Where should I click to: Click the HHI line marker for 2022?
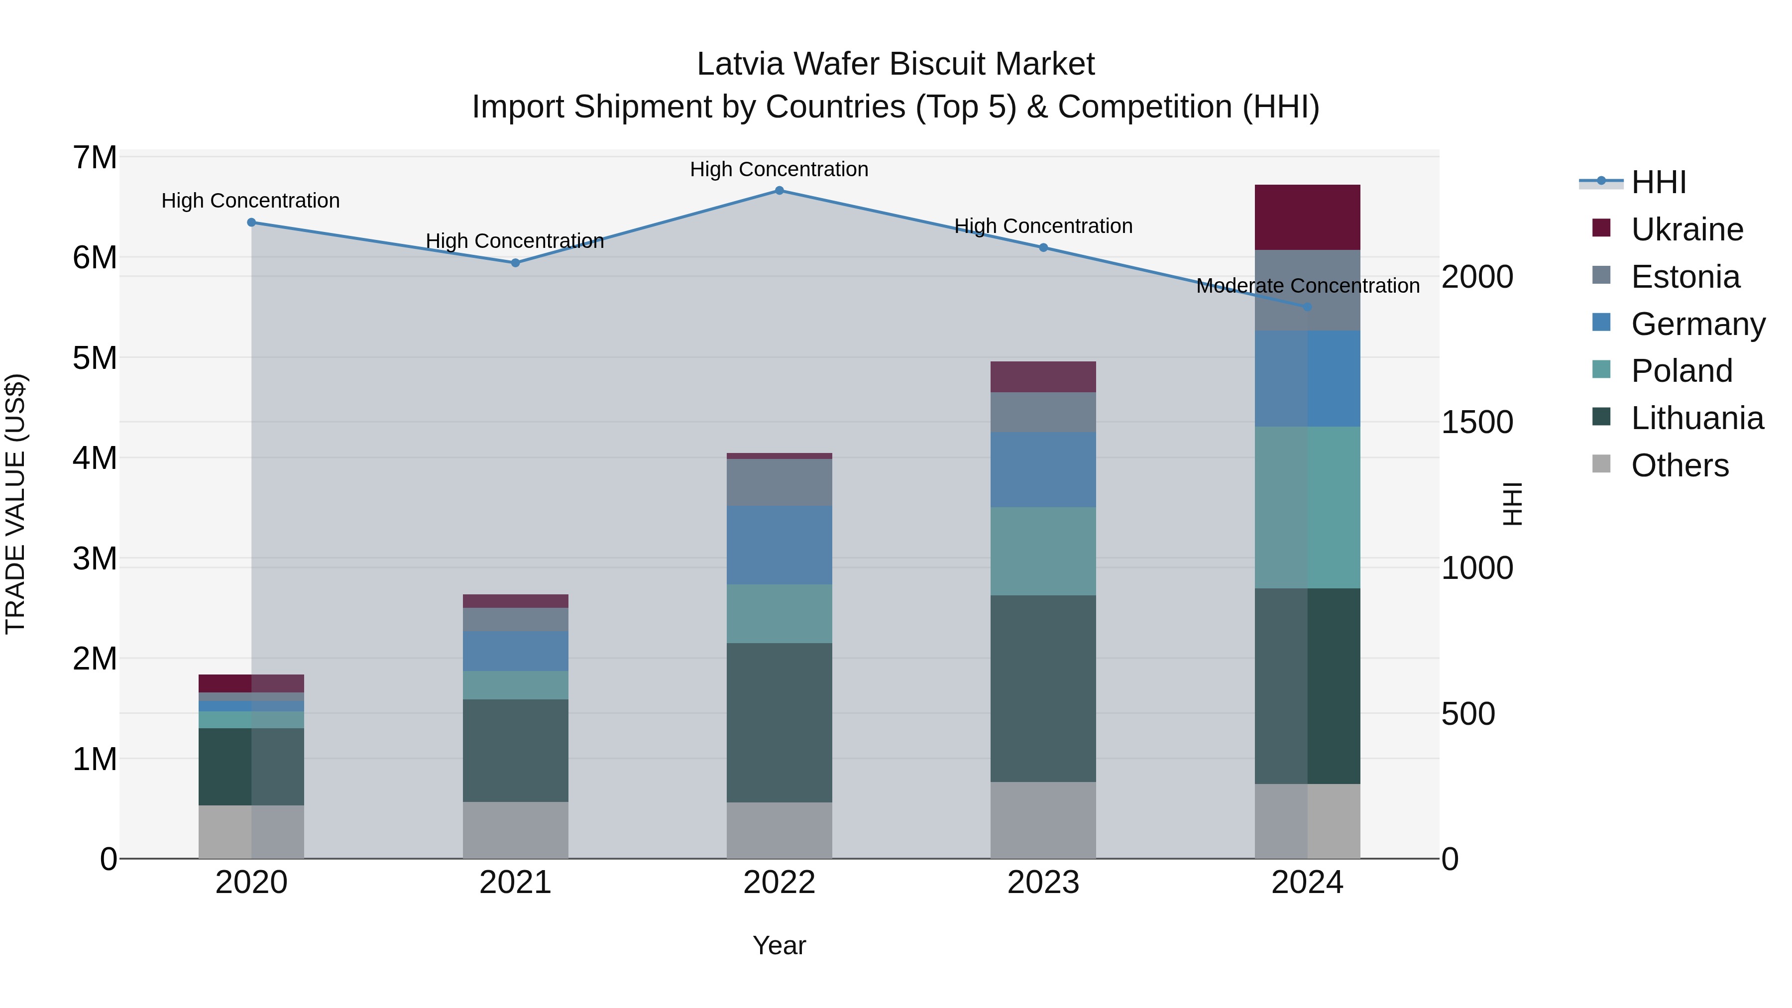click(x=779, y=191)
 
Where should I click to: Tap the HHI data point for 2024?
click(x=1307, y=307)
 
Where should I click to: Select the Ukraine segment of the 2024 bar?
click(x=1307, y=217)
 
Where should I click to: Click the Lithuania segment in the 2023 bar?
click(x=1043, y=689)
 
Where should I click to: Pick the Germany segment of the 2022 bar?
click(x=779, y=546)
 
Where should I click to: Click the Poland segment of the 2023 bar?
click(x=1043, y=551)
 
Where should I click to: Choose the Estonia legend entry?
click(x=1685, y=277)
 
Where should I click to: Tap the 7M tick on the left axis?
click(x=95, y=158)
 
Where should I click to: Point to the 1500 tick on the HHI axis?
click(x=1476, y=422)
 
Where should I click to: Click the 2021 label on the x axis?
click(x=516, y=883)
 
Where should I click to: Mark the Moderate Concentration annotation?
click(x=1307, y=286)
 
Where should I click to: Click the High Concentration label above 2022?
click(x=779, y=169)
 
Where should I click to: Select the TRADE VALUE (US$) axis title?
click(x=15, y=504)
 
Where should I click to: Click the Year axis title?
click(x=779, y=945)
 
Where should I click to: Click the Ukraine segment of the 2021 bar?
click(x=516, y=601)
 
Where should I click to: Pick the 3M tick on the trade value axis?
click(x=95, y=559)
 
